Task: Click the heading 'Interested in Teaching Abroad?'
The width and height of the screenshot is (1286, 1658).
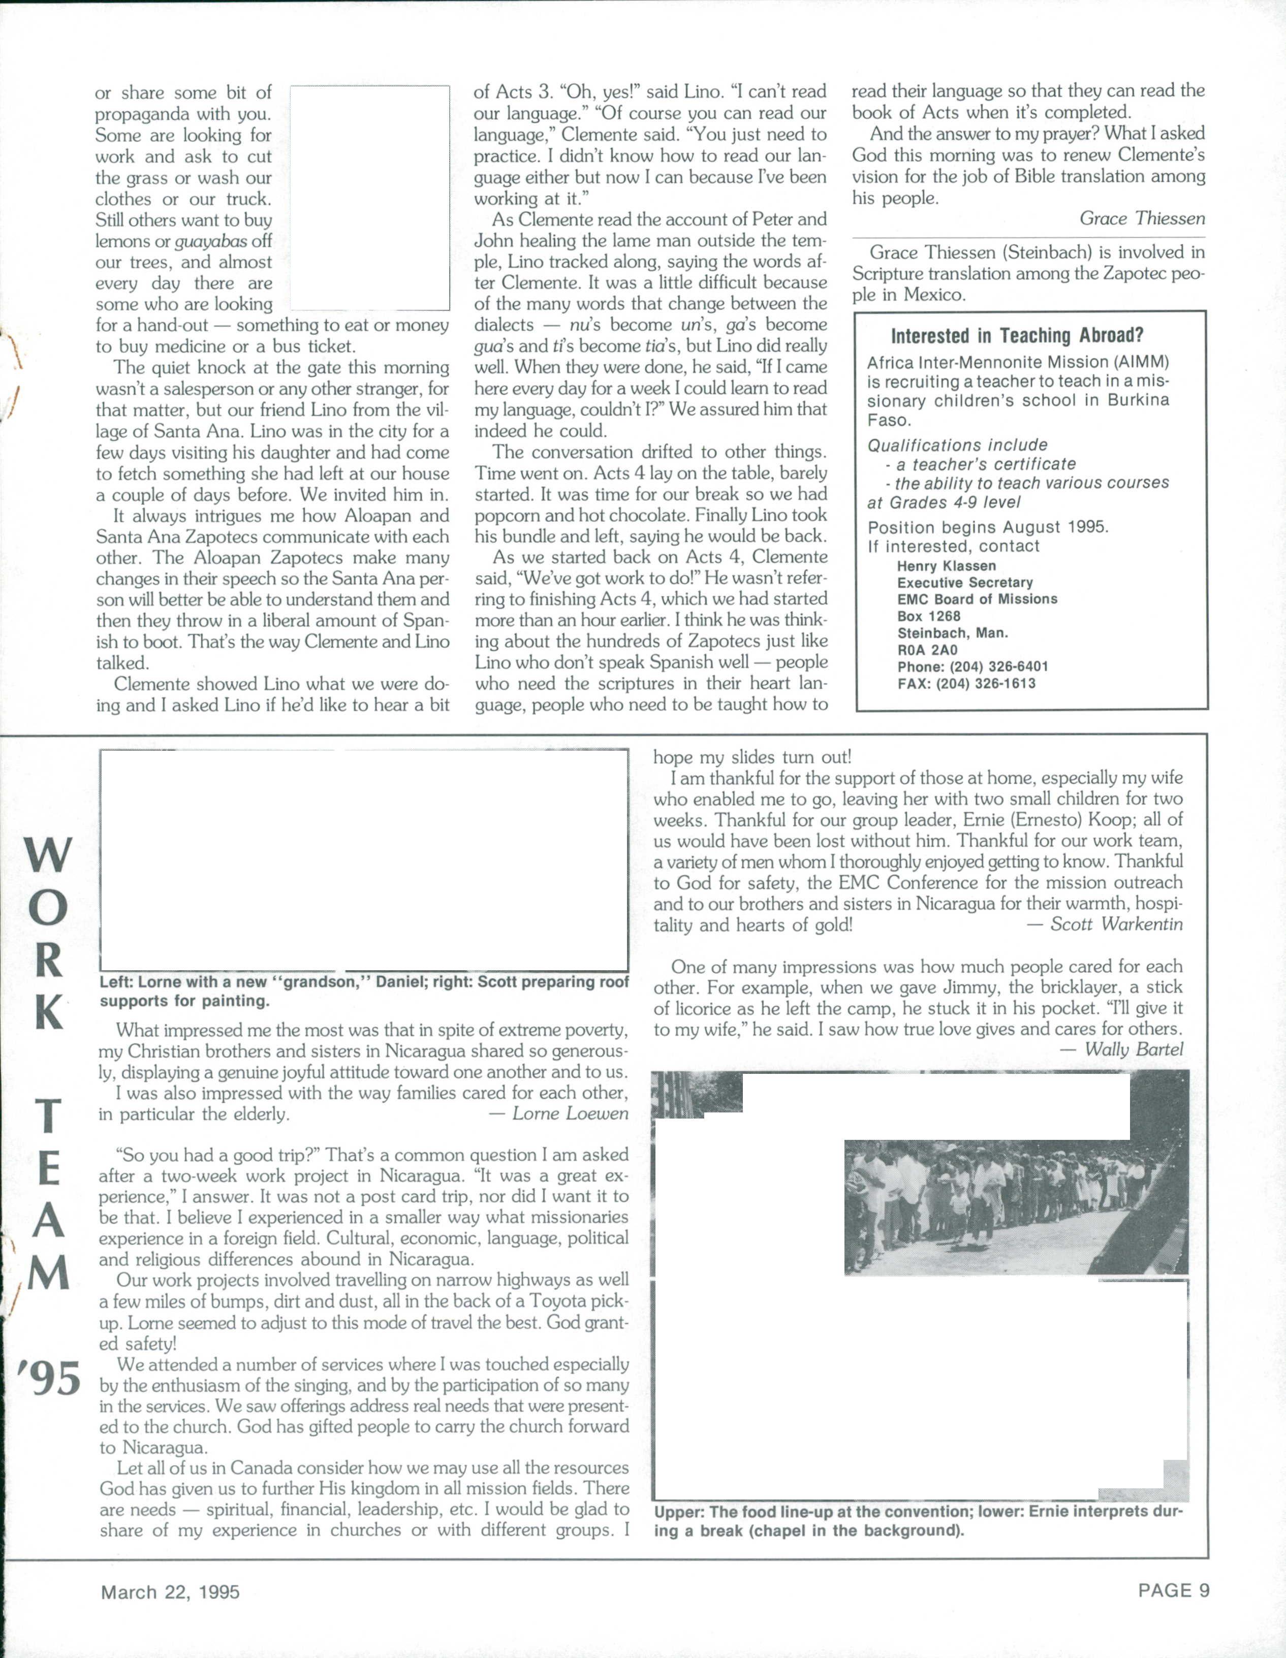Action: (1017, 336)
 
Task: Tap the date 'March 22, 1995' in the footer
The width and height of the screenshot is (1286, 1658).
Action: (170, 1591)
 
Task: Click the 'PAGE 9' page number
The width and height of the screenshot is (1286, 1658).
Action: (1173, 1589)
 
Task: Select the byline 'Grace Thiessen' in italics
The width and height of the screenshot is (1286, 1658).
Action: (1142, 218)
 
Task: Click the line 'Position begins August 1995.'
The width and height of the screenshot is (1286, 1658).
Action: (988, 527)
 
